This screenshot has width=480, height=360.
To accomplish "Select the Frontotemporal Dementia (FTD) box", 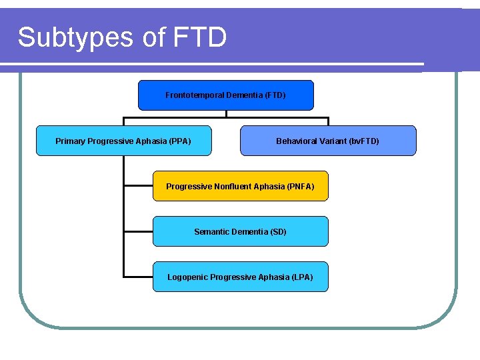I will coord(225,95).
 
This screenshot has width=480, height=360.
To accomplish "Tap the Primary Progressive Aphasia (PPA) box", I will coord(123,141).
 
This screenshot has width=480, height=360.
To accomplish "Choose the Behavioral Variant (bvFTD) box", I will coord(327,141).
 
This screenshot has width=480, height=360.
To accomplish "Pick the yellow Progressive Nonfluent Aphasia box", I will coord(240,186).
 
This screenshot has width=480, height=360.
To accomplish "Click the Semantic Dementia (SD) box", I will coord(240,231).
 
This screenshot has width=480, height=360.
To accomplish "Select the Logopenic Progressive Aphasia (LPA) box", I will coord(240,277).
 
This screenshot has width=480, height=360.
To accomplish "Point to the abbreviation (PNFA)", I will coord(299,186).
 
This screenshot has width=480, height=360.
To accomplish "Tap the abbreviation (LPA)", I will coord(302,277).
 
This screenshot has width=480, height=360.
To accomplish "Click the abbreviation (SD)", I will coord(279,231).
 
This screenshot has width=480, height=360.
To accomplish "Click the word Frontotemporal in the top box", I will coord(195,95).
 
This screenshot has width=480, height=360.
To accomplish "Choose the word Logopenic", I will coord(187,277).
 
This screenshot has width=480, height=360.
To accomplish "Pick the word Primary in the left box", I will coord(70,141).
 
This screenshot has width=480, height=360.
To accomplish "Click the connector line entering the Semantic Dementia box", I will coord(139,231).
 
